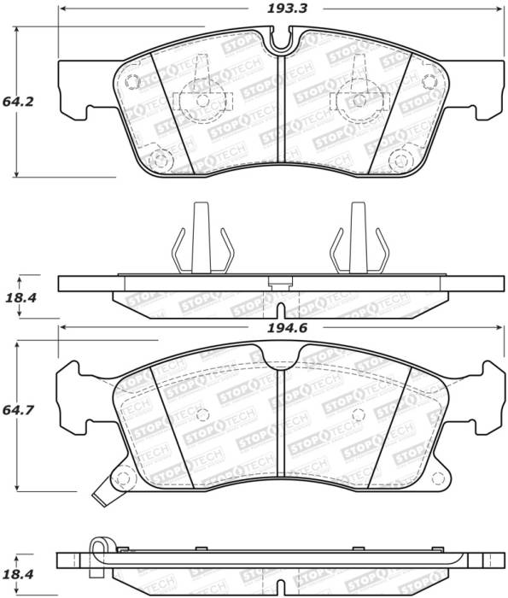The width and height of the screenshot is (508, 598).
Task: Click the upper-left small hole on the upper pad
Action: pos(132,81)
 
